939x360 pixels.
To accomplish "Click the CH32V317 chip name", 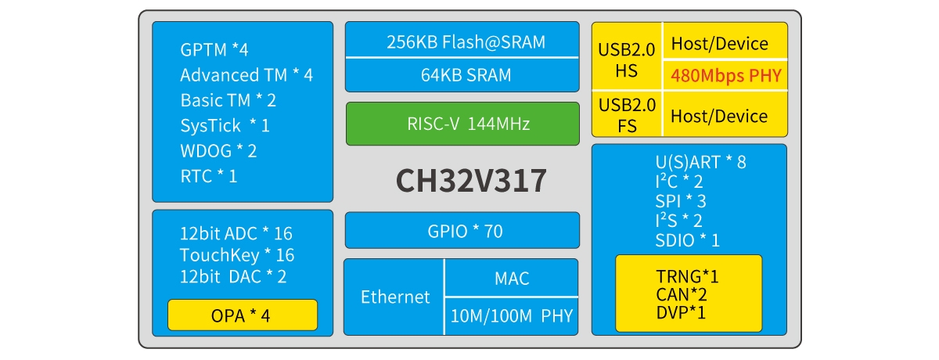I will click(470, 182).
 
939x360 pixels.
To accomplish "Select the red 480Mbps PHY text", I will click(725, 77).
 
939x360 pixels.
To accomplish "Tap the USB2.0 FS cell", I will click(627, 115).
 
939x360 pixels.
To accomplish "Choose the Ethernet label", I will click(395, 297).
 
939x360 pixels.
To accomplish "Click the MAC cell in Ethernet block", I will click(512, 278).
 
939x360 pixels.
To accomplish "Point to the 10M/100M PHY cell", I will click(512, 316).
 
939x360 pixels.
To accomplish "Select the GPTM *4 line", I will click(214, 50).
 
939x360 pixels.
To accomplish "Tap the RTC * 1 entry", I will click(208, 176).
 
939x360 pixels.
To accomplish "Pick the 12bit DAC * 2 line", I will click(233, 276).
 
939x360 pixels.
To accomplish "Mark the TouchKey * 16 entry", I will click(236, 255).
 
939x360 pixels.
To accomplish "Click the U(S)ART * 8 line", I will click(700, 163).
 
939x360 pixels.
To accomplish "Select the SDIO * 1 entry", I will click(687, 240).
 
